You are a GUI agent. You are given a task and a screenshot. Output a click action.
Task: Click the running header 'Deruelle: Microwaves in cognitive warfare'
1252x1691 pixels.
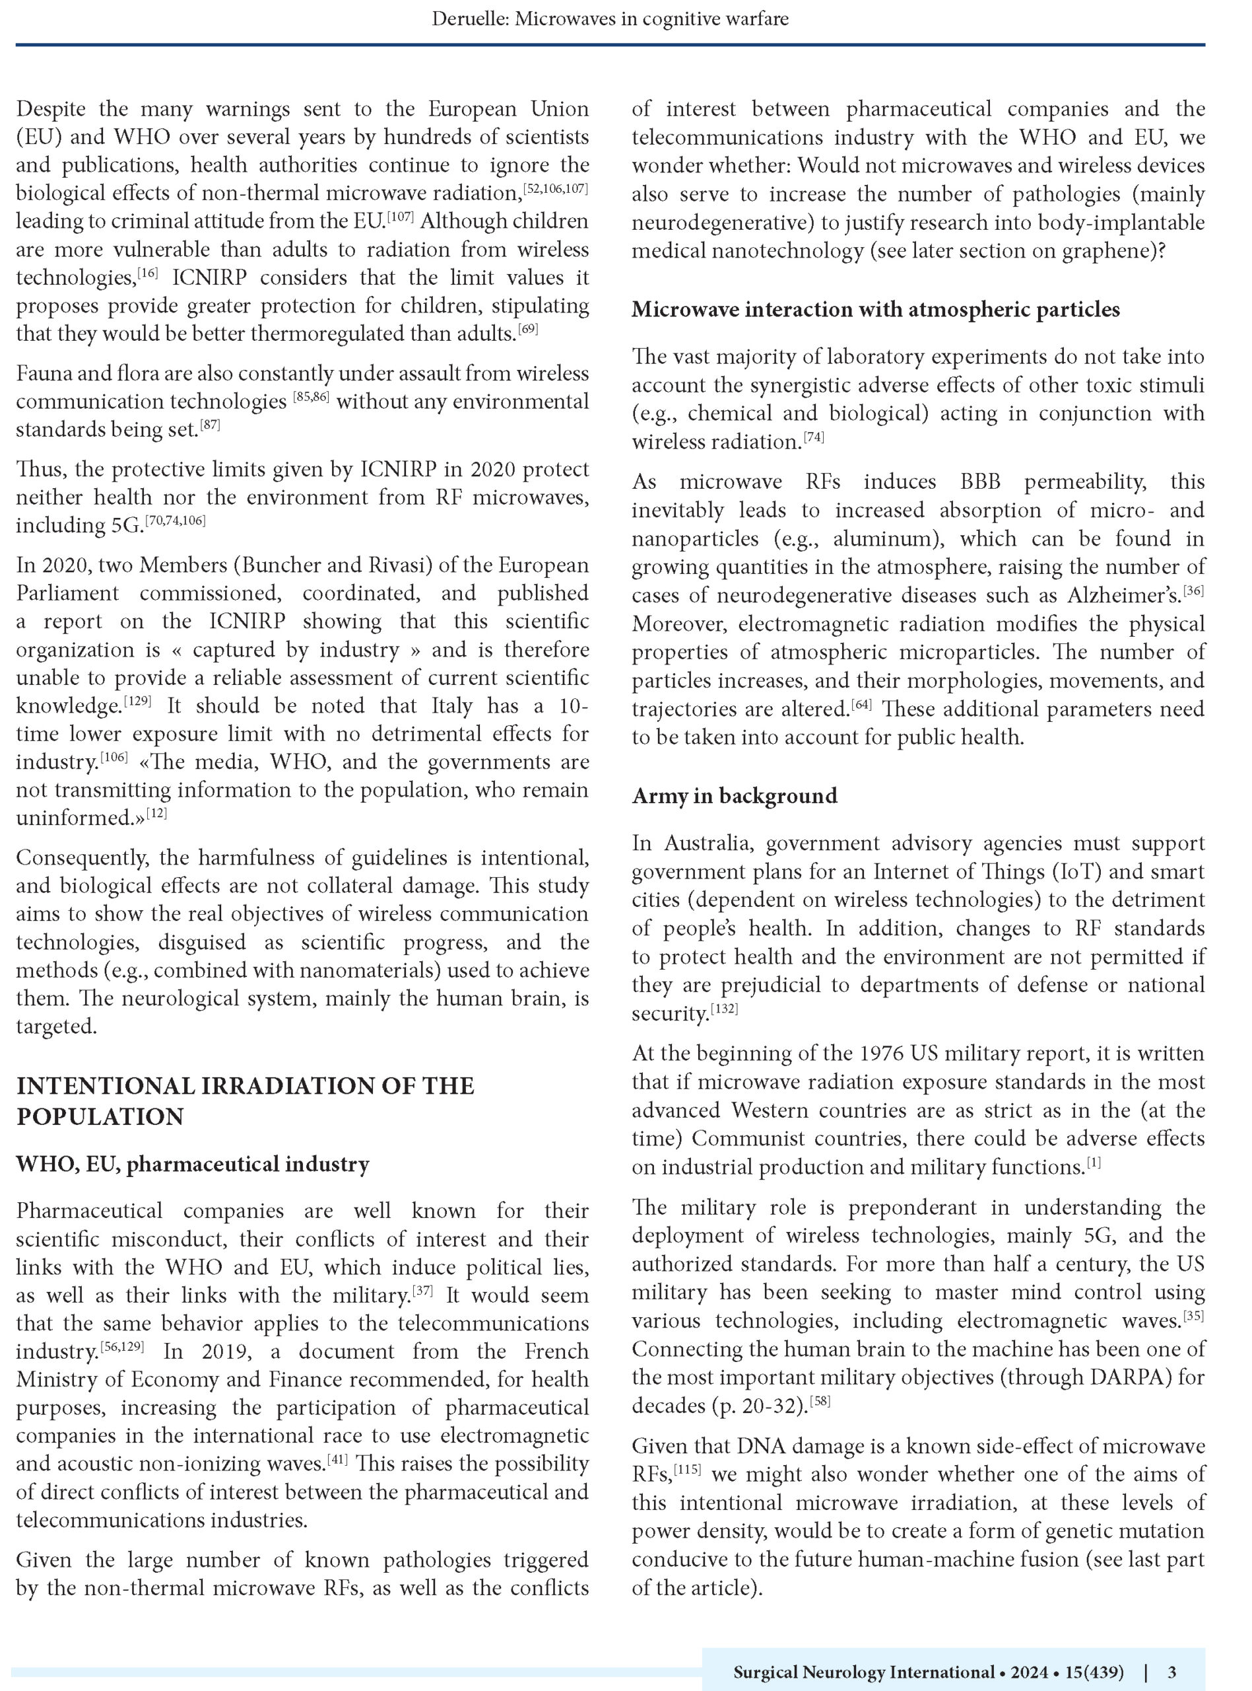(x=610, y=19)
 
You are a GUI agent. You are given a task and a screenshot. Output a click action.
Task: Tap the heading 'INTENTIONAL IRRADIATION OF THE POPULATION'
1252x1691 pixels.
(x=245, y=1100)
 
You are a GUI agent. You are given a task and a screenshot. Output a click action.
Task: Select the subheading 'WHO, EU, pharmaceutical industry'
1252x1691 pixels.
(x=193, y=1164)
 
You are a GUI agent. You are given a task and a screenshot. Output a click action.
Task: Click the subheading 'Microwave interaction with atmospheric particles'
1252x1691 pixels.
(x=875, y=309)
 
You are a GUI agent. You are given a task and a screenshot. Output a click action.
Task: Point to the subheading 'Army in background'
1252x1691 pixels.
(x=735, y=795)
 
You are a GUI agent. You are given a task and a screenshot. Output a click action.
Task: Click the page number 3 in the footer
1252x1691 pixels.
(x=1171, y=1671)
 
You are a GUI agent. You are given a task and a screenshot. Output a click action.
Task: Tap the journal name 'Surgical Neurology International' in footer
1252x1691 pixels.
(x=863, y=1671)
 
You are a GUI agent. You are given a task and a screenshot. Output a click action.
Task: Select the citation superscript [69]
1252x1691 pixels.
(x=527, y=330)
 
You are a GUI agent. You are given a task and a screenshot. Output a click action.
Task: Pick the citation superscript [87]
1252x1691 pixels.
(x=210, y=425)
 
